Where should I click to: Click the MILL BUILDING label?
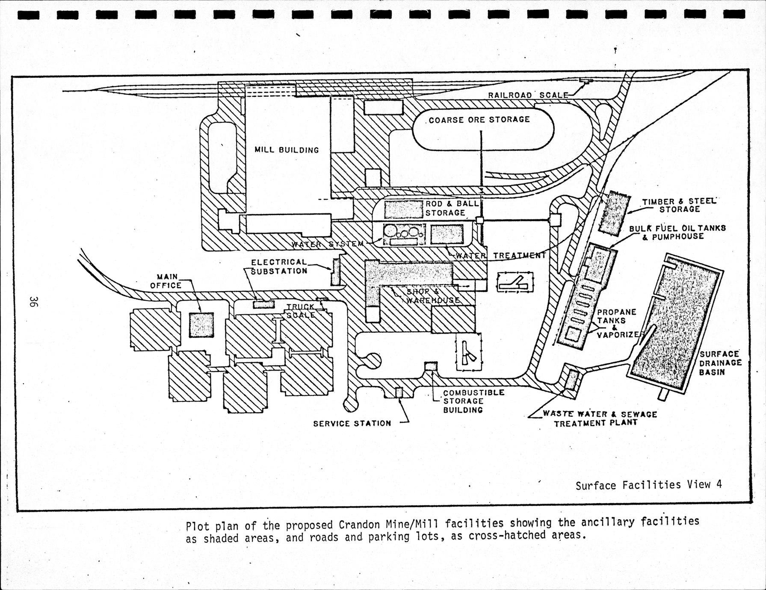coord(287,150)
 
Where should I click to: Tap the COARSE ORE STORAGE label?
coord(479,120)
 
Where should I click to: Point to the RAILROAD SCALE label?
coord(528,95)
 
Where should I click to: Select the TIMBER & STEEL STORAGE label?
coord(679,205)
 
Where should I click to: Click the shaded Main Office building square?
coord(201,324)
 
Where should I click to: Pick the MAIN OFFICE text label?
coord(166,281)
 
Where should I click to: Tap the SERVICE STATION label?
coord(352,423)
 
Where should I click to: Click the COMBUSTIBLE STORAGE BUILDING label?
coord(467,401)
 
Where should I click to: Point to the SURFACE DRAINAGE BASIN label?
coord(719,363)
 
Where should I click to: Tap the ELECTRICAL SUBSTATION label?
coord(279,266)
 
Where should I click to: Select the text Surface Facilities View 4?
coord(648,485)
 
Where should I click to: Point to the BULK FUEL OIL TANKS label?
coord(677,232)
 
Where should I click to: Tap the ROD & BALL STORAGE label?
coord(451,208)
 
